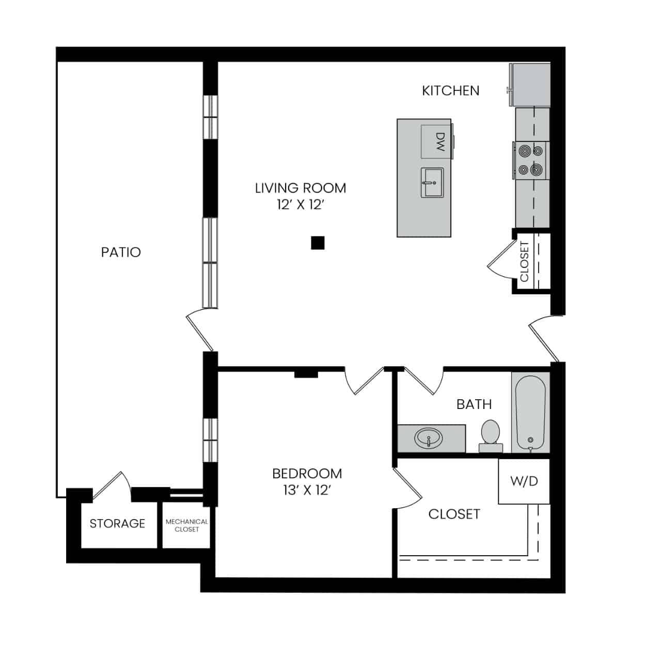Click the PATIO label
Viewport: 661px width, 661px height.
[x=121, y=253]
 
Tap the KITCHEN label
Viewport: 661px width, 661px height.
[x=450, y=91]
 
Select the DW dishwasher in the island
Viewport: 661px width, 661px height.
[x=436, y=141]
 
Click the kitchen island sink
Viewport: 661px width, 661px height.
[x=432, y=183]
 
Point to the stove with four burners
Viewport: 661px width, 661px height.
[x=531, y=160]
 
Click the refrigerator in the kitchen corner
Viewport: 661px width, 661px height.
[x=530, y=85]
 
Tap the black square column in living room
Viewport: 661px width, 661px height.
[x=318, y=243]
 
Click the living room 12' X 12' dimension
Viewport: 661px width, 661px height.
[x=301, y=205]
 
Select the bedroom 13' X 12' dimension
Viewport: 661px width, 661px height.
[x=307, y=491]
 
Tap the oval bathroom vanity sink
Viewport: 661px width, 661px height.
[x=429, y=438]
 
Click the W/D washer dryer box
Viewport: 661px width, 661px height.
[x=524, y=481]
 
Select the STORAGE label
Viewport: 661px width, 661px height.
[x=117, y=524]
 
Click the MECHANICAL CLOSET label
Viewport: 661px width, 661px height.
[x=186, y=525]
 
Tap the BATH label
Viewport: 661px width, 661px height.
[x=474, y=404]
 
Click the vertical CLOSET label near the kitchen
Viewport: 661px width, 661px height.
[x=525, y=262]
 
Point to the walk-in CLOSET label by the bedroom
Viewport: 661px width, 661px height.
[x=454, y=514]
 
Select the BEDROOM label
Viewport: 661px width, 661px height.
[x=307, y=474]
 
